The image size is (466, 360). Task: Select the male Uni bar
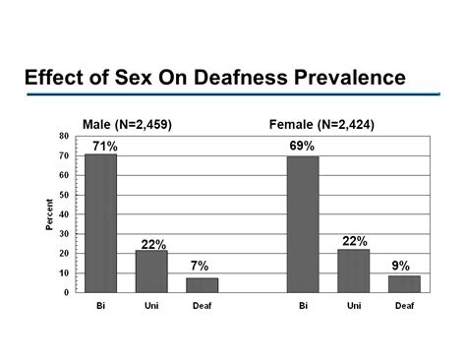[x=151, y=271]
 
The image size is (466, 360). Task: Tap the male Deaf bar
[x=202, y=285]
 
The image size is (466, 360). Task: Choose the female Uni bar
[x=353, y=270]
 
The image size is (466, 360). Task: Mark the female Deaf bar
[x=404, y=283]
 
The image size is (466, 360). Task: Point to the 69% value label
[x=302, y=147]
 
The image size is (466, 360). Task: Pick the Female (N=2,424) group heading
[x=321, y=124]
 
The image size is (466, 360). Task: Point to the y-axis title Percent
[x=48, y=213]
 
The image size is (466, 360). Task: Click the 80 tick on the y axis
[x=64, y=136]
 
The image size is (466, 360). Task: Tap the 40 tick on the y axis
[x=64, y=214]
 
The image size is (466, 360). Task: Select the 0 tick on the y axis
[x=67, y=292]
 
